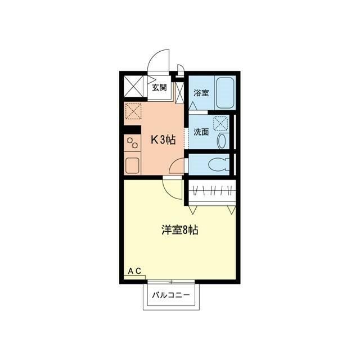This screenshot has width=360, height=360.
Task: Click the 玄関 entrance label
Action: click(159, 87)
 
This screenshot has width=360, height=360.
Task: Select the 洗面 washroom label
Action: click(201, 132)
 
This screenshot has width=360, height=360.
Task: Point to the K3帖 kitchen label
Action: click(162, 139)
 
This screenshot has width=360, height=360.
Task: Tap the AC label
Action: click(134, 272)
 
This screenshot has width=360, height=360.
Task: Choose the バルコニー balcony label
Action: click(170, 295)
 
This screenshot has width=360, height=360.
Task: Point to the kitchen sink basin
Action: click(133, 165)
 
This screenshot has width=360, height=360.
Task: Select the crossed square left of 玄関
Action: click(133, 87)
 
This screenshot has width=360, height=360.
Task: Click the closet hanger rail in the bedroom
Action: click(211, 191)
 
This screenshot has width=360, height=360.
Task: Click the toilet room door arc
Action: click(178, 166)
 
